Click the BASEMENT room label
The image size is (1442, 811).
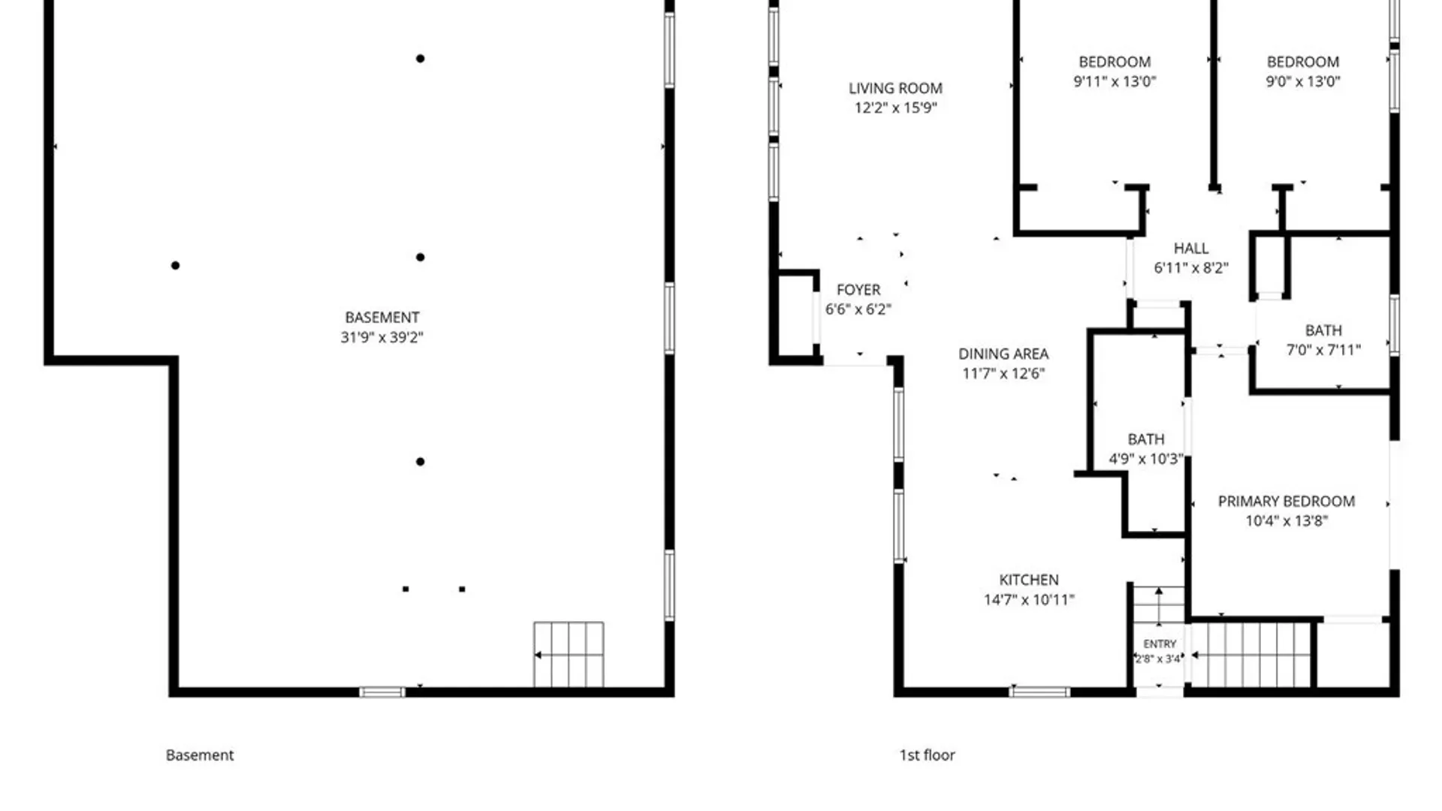point(382,318)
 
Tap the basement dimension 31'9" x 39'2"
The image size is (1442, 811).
point(382,337)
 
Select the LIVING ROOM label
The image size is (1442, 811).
point(895,89)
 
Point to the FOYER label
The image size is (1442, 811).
point(858,290)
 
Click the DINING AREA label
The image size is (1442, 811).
point(1003,354)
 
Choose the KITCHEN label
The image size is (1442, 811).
point(1029,580)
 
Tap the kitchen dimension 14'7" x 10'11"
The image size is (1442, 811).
point(1029,599)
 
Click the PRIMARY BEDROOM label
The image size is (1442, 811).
point(1287,501)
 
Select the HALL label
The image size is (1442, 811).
point(1191,249)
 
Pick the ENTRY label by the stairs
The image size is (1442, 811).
point(1160,644)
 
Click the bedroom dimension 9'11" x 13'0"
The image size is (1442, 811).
point(1115,81)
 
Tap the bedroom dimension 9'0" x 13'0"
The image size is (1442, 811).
point(1303,81)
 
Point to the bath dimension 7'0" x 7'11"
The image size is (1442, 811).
point(1323,350)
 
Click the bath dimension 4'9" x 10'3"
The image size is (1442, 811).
point(1146,459)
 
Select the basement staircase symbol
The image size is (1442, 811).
point(569,655)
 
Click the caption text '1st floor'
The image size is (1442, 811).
point(928,755)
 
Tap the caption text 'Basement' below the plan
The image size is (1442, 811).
point(200,755)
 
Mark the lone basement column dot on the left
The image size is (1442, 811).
point(175,265)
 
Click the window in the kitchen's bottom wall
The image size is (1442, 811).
point(1039,692)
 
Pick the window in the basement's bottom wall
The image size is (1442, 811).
point(382,692)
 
